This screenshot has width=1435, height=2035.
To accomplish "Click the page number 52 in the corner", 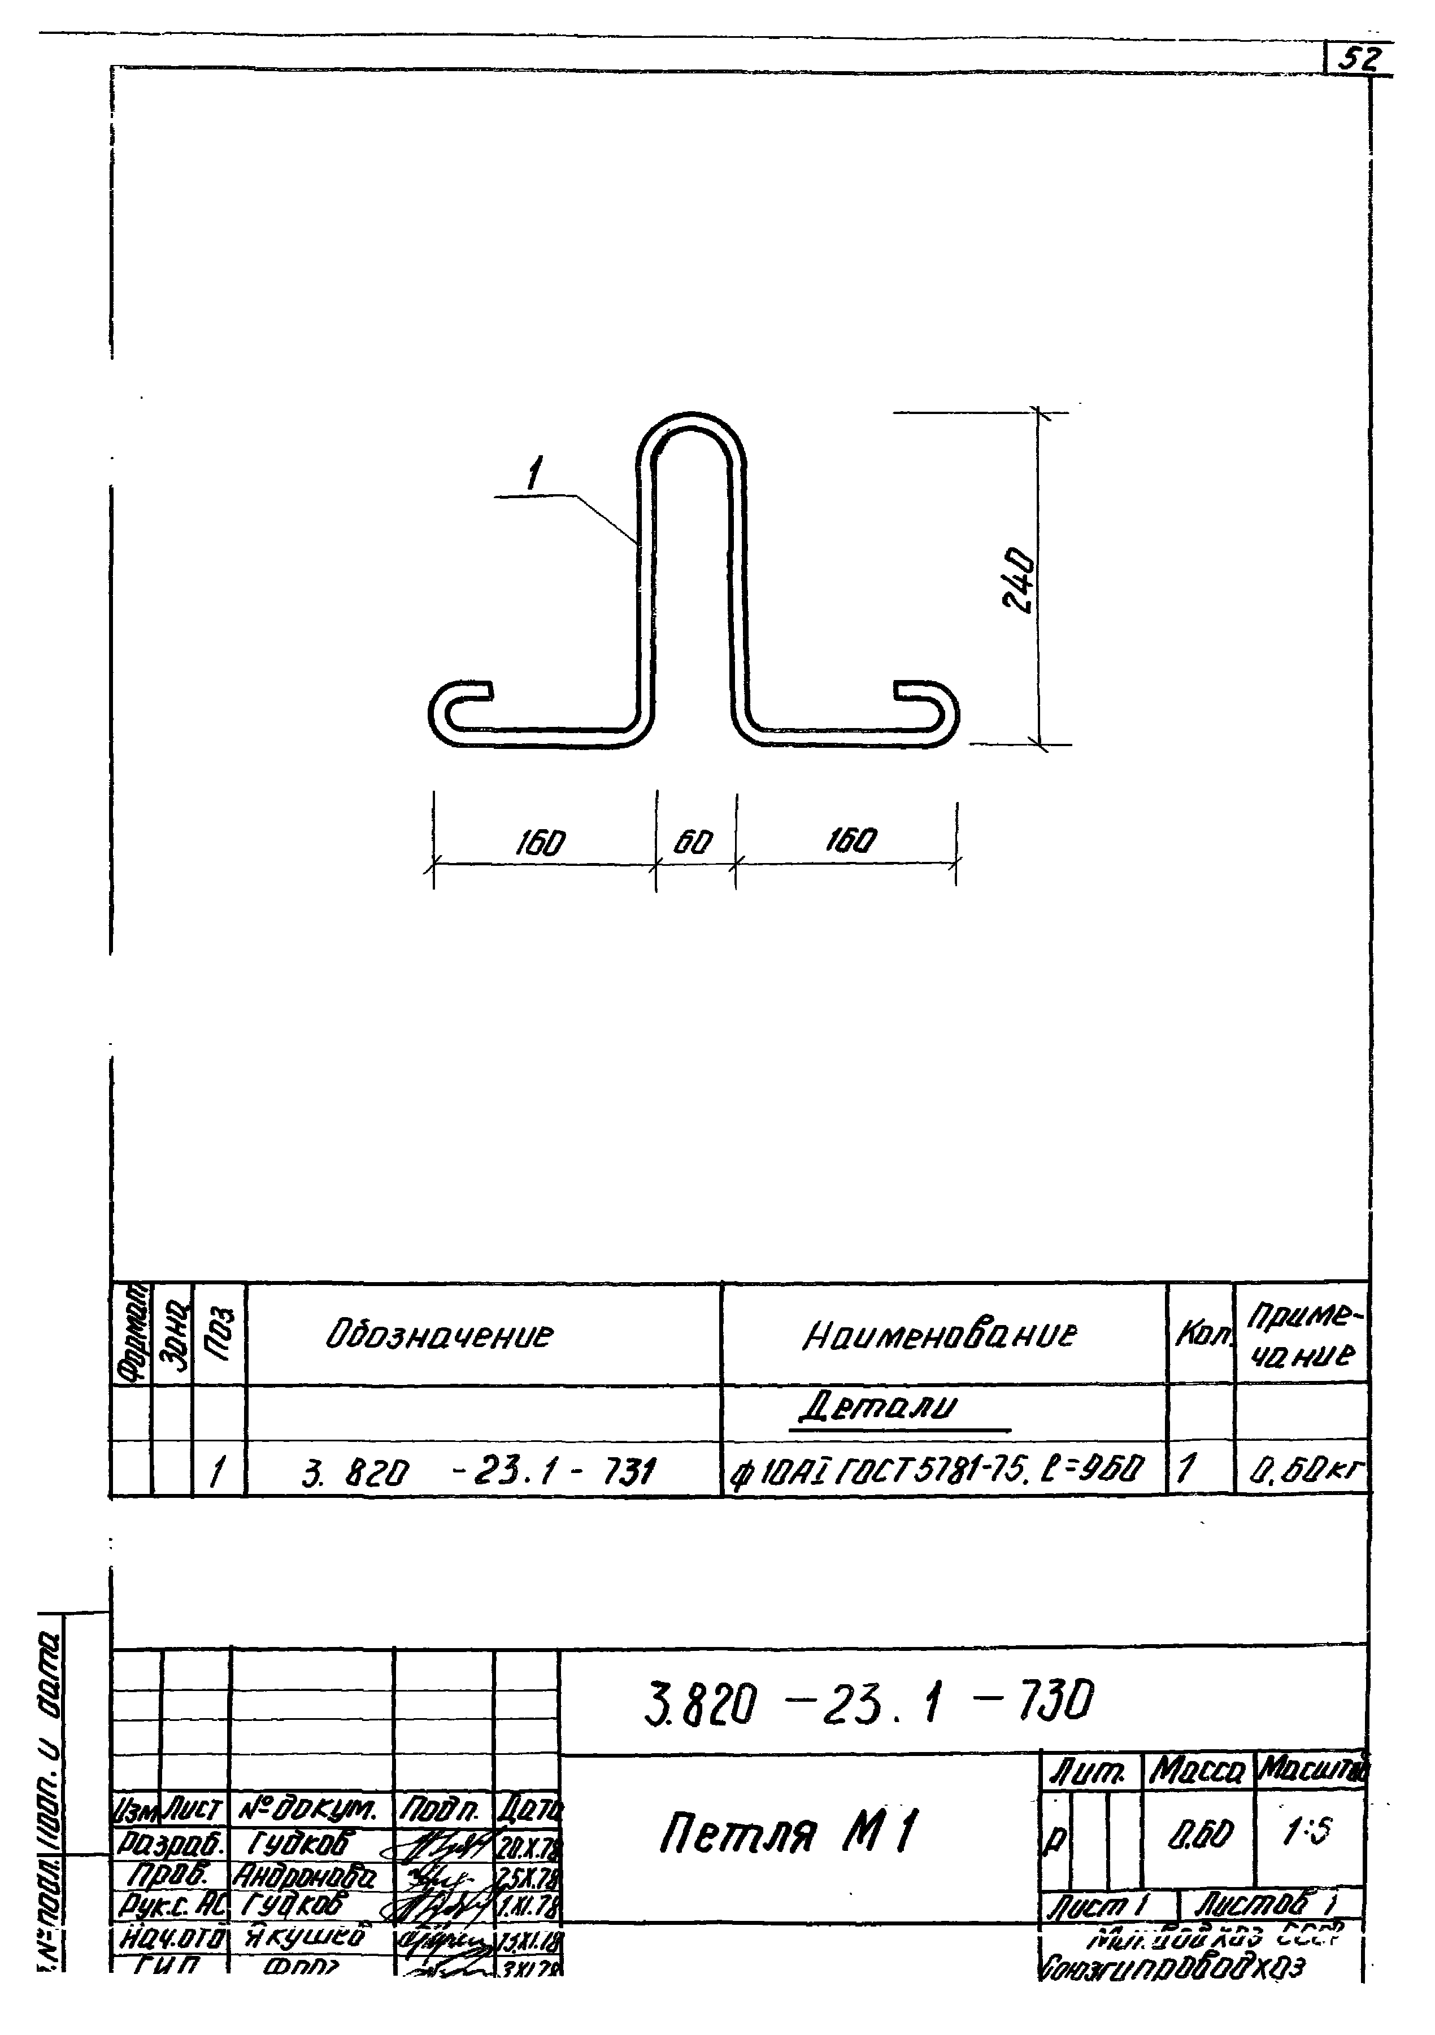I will point(1359,59).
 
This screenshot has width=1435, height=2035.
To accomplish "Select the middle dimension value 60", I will point(692,841).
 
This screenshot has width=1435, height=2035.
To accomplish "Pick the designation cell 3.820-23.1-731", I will point(479,1473).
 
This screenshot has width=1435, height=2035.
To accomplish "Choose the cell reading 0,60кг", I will point(1307,1473).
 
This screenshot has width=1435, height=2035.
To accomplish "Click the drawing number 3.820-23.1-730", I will point(868,1703).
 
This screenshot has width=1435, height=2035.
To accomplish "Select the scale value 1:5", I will point(1307,1831).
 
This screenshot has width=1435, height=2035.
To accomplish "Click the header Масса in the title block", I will point(1198,1773).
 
